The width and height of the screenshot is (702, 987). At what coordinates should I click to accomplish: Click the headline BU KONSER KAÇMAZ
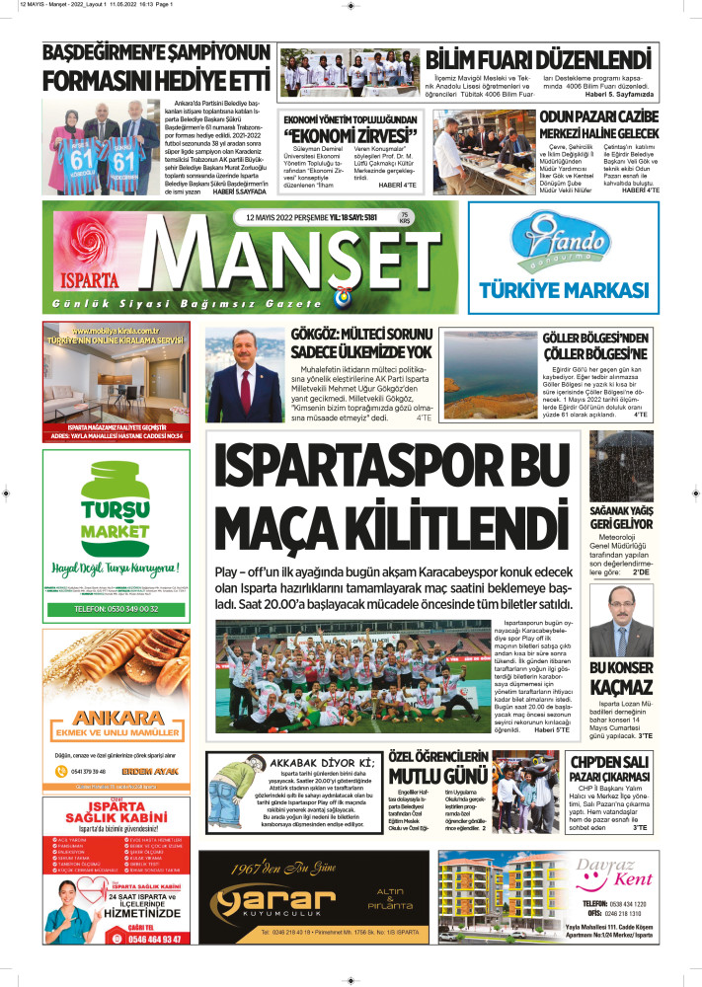coord(621,679)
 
